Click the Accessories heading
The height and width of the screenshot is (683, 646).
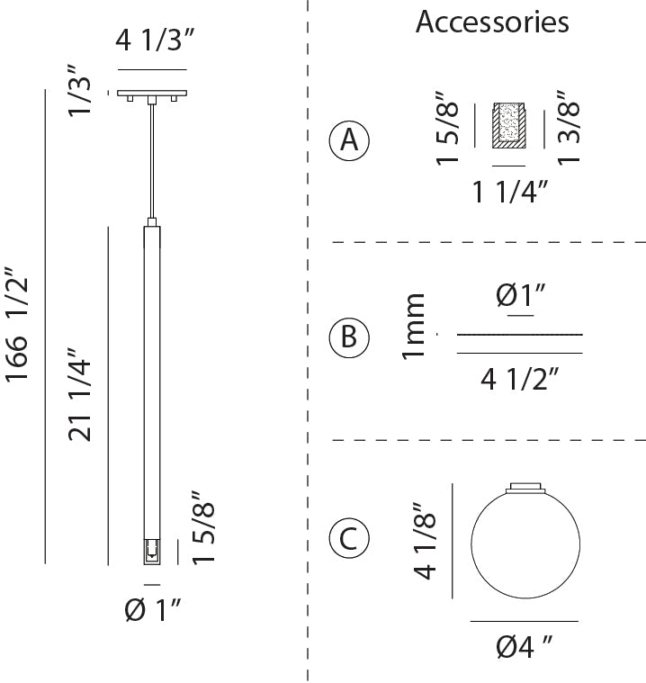click(492, 22)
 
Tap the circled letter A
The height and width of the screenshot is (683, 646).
click(349, 140)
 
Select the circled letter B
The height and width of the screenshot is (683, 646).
click(349, 337)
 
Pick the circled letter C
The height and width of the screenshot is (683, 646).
click(349, 539)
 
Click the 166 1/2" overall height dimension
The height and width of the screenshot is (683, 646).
click(16, 326)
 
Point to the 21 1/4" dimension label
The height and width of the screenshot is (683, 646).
click(79, 395)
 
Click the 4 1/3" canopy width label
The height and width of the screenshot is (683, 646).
click(154, 40)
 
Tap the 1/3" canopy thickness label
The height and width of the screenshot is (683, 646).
click(79, 91)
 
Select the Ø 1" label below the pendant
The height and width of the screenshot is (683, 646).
click(152, 610)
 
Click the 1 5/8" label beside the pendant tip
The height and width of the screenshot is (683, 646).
click(203, 528)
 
